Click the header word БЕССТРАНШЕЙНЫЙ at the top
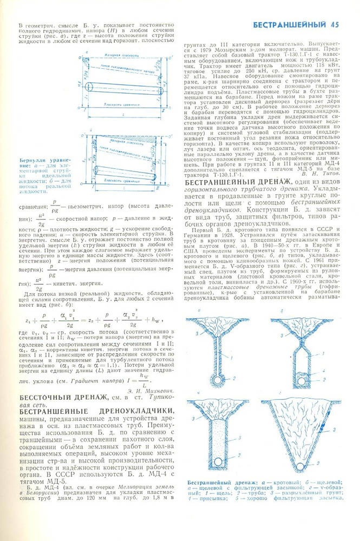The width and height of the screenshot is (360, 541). pyautogui.click(x=291, y=24)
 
